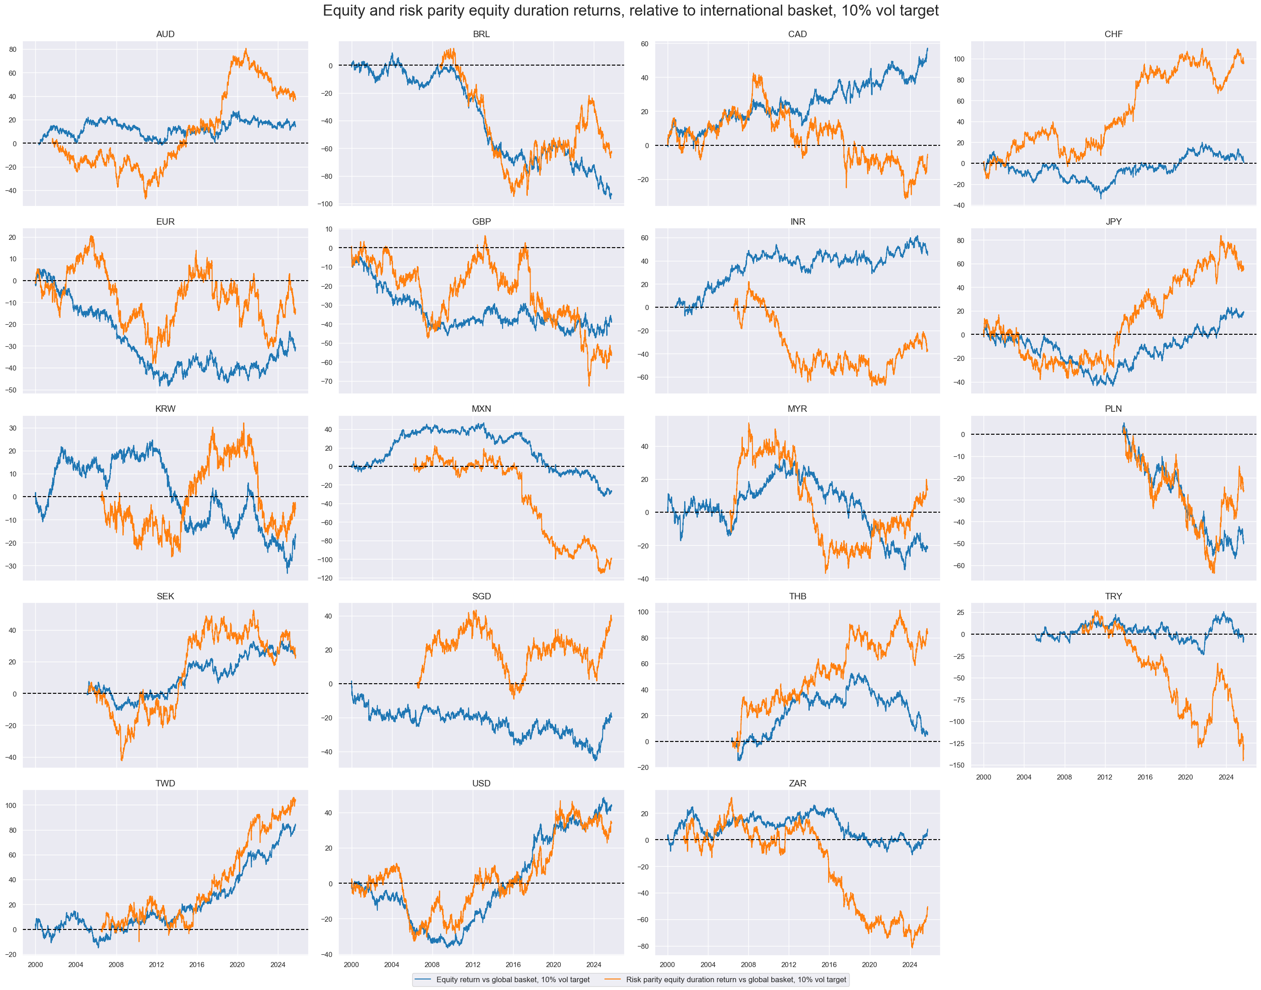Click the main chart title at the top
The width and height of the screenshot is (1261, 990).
click(630, 11)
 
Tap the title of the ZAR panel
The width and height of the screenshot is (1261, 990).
click(797, 783)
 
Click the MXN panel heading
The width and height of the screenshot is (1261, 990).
click(481, 409)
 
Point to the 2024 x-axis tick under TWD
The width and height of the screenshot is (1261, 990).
click(277, 964)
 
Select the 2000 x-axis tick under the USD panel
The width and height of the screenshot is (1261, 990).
click(351, 964)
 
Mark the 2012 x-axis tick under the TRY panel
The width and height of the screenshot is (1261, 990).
click(1104, 777)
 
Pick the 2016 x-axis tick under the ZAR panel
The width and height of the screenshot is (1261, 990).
click(829, 964)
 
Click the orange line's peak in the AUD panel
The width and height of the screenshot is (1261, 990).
click(246, 49)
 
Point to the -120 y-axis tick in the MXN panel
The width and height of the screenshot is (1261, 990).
click(325, 578)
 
